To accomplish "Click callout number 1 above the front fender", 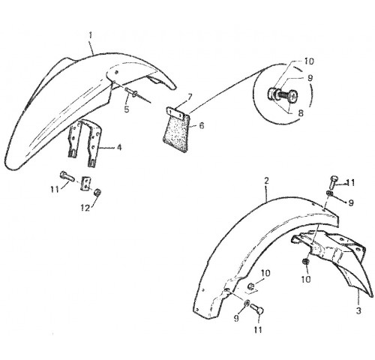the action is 91,35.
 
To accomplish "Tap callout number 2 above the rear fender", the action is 266,181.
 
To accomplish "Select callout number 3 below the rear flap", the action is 358,310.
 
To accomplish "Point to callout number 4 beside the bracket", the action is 119,148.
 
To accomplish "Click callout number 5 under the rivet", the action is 127,109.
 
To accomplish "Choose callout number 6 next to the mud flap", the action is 202,125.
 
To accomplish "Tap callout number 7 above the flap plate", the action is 190,97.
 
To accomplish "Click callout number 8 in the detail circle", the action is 301,113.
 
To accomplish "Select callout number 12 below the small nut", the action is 85,208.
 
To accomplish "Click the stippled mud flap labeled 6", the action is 176,133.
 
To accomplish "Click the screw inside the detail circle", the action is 283,94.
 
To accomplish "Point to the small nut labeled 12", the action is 97,193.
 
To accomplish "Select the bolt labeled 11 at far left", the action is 67,176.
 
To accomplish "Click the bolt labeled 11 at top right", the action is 334,182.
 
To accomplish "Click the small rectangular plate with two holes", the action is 85,183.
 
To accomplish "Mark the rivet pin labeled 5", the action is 133,92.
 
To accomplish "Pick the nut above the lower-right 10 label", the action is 304,262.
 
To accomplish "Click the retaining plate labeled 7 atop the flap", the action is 175,112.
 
